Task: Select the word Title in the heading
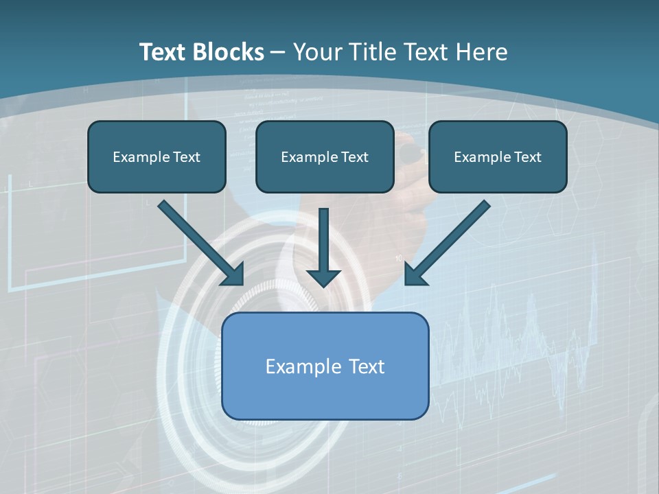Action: coord(372,52)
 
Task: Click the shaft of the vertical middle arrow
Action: coord(324,237)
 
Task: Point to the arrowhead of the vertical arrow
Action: coord(324,277)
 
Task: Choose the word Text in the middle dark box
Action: coord(354,157)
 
